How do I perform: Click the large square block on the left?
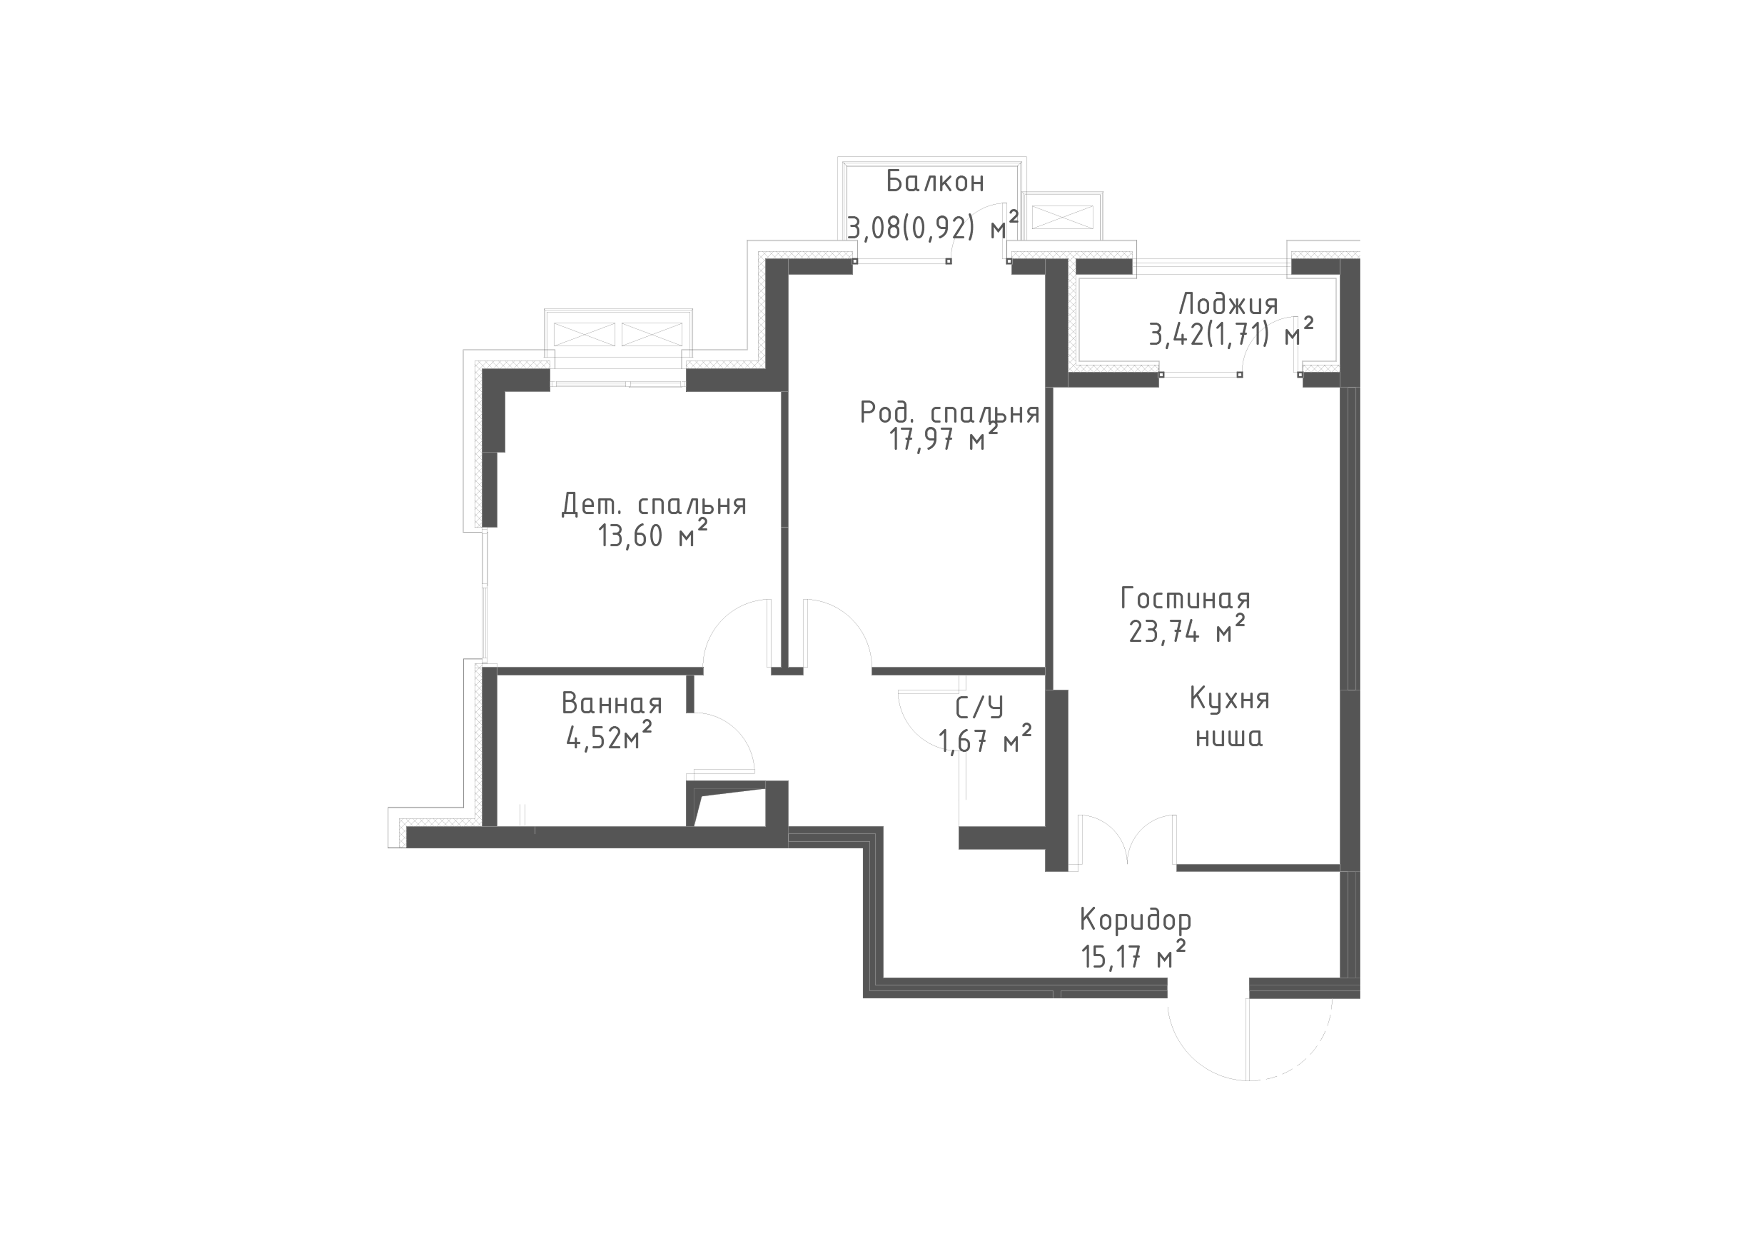coord(592,514)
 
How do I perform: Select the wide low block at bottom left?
coord(563,785)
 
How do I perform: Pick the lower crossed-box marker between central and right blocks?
coord(1108,370)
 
